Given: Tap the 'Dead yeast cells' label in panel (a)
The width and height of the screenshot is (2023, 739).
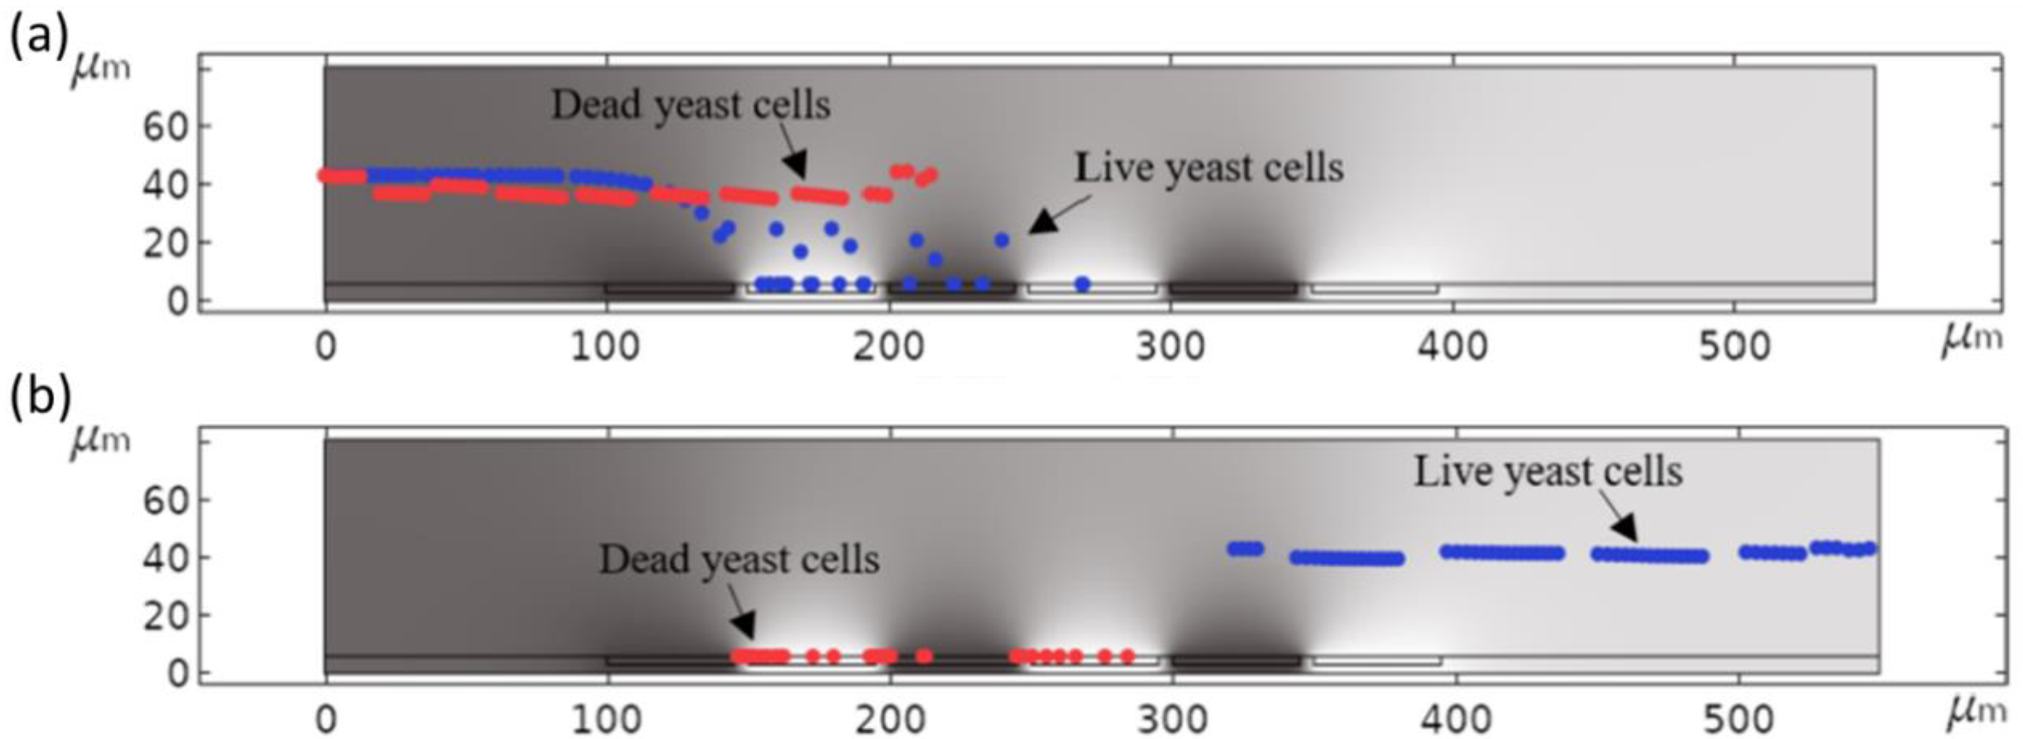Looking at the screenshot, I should coord(690,105).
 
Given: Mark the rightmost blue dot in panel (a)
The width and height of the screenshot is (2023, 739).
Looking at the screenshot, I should coord(1082,284).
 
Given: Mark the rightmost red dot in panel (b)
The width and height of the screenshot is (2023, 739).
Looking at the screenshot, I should coord(1128,655).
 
